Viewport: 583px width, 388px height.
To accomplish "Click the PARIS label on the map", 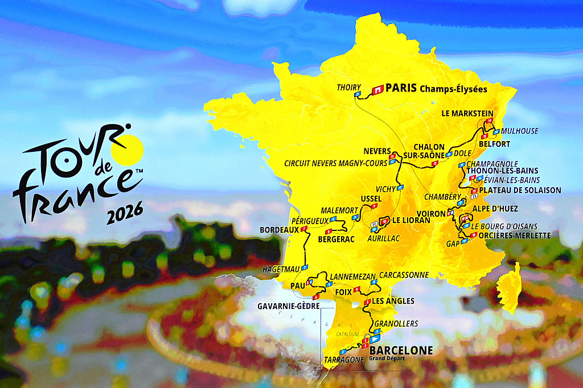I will coord(401,88).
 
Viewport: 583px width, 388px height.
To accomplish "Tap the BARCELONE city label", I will coord(401,350).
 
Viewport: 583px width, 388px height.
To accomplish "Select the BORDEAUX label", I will coord(279,230).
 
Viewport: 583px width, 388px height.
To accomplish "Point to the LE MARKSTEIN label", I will coord(467,113).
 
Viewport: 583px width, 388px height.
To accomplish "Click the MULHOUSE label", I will coord(520,131).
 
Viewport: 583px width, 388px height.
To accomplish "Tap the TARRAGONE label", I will coord(343,360).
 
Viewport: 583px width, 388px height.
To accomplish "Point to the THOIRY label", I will coord(348,87).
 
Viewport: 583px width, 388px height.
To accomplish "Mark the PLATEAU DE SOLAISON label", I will coord(520,190).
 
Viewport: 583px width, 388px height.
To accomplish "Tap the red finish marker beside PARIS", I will coord(377,89).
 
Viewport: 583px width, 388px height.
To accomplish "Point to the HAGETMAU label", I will coord(281,269).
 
